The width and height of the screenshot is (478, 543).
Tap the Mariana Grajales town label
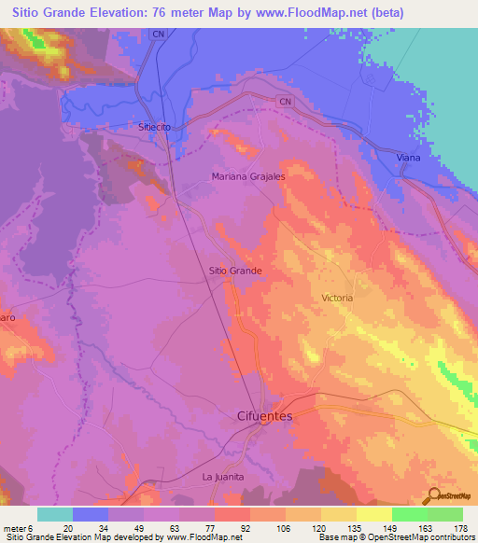pos(247,175)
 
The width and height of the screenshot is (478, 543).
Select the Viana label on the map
pos(408,158)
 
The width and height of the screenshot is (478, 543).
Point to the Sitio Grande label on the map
pos(234,271)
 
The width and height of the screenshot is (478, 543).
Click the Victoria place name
pos(337,298)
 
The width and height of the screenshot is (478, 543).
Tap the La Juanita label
pos(223,477)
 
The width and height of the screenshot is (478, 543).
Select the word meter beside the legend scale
pos(14,527)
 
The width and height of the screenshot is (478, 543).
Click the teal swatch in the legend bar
pos(55,514)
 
